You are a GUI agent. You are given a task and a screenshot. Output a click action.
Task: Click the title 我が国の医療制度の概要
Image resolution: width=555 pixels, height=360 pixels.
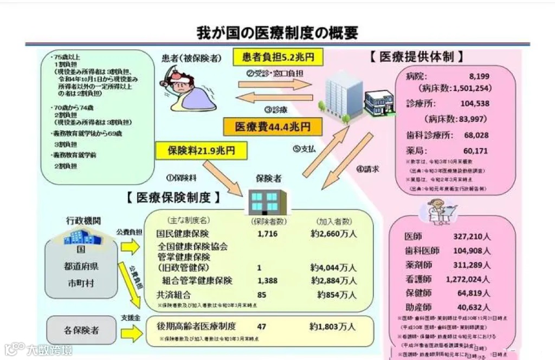coord(277,33)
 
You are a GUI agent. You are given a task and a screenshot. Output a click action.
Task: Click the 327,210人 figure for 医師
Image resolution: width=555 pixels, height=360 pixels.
coord(472,237)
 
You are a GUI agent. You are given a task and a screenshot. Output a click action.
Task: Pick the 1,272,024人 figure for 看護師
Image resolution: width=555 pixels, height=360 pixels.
coord(468,279)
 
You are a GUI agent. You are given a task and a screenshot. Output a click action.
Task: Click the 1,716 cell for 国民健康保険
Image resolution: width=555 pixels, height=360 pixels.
coord(268,234)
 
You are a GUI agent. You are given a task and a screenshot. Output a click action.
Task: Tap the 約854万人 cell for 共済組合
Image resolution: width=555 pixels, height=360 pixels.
coord(337,295)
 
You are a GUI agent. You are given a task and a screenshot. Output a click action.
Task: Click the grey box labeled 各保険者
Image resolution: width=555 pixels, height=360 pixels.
coord(81,330)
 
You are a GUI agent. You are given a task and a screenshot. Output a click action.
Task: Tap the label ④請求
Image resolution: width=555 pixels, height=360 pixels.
coord(367,169)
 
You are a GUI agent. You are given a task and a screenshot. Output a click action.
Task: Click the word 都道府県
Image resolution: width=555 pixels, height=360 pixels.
coord(81,266)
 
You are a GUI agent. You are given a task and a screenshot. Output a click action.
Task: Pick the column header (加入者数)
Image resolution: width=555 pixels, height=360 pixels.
coord(334,221)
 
